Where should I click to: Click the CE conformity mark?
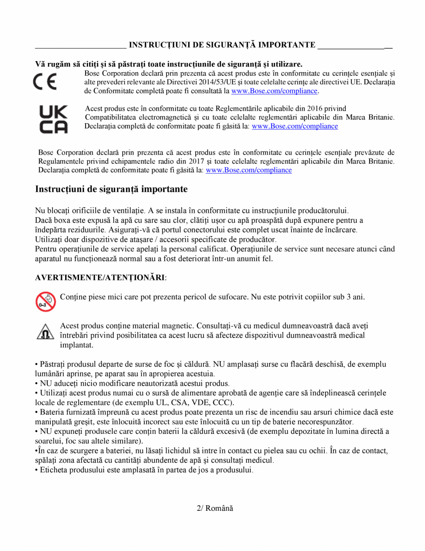pos(45,82)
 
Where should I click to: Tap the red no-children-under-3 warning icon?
pos(45,301)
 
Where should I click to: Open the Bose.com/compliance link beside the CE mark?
pos(274,91)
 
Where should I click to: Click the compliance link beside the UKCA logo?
pos(295,126)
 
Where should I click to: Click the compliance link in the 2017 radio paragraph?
pos(248,170)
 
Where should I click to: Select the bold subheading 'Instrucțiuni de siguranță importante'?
pos(111,189)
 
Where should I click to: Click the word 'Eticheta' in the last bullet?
pos(54,470)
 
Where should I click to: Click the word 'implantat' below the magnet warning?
pos(77,345)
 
